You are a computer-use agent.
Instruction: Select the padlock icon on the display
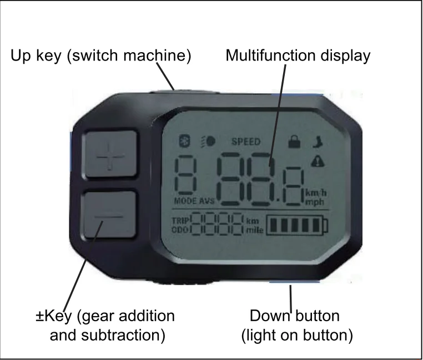[x=293, y=142]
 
